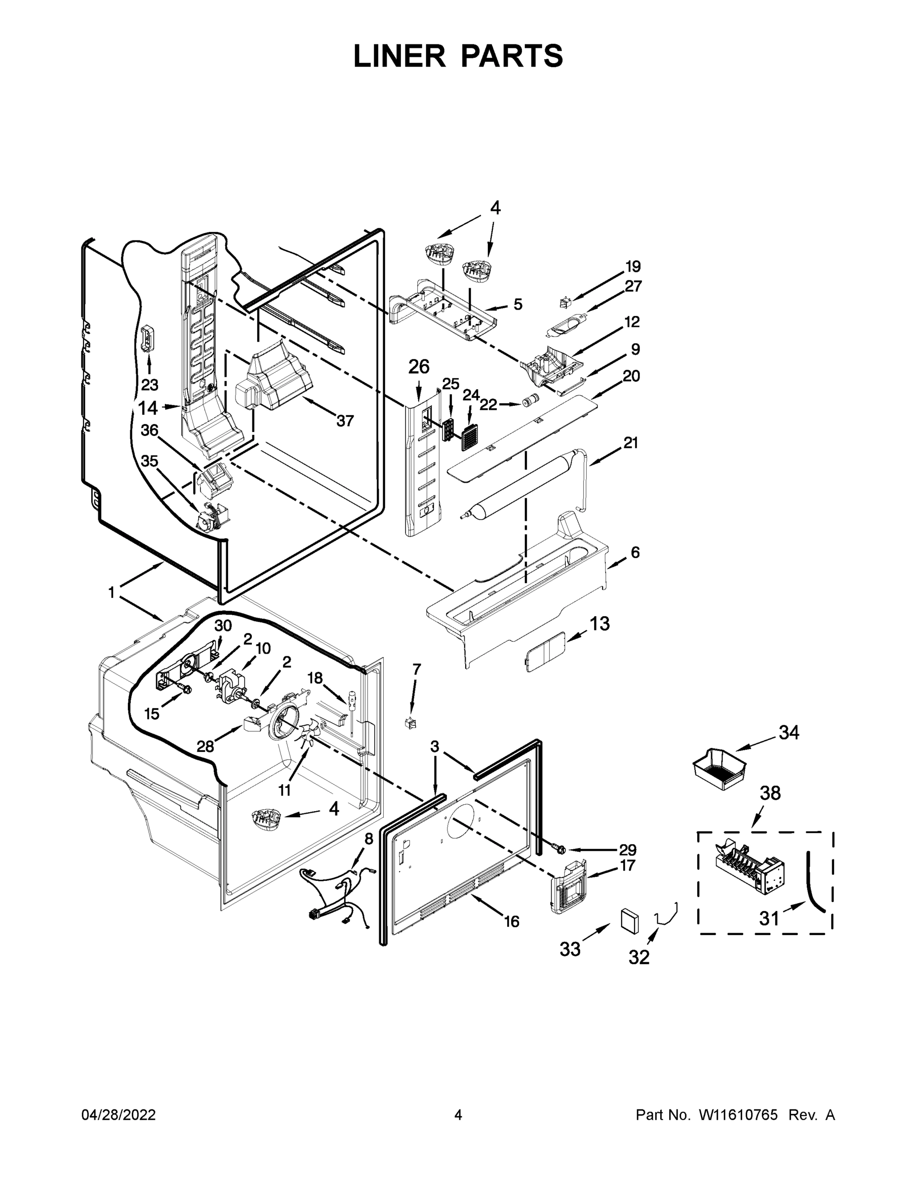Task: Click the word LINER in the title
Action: [399, 56]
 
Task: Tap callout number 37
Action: [345, 421]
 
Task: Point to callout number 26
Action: [418, 367]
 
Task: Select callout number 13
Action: [599, 624]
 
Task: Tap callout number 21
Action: [630, 443]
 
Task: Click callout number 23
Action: [150, 385]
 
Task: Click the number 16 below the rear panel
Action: [511, 921]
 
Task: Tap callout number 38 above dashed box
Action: [769, 793]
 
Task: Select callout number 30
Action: [223, 626]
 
